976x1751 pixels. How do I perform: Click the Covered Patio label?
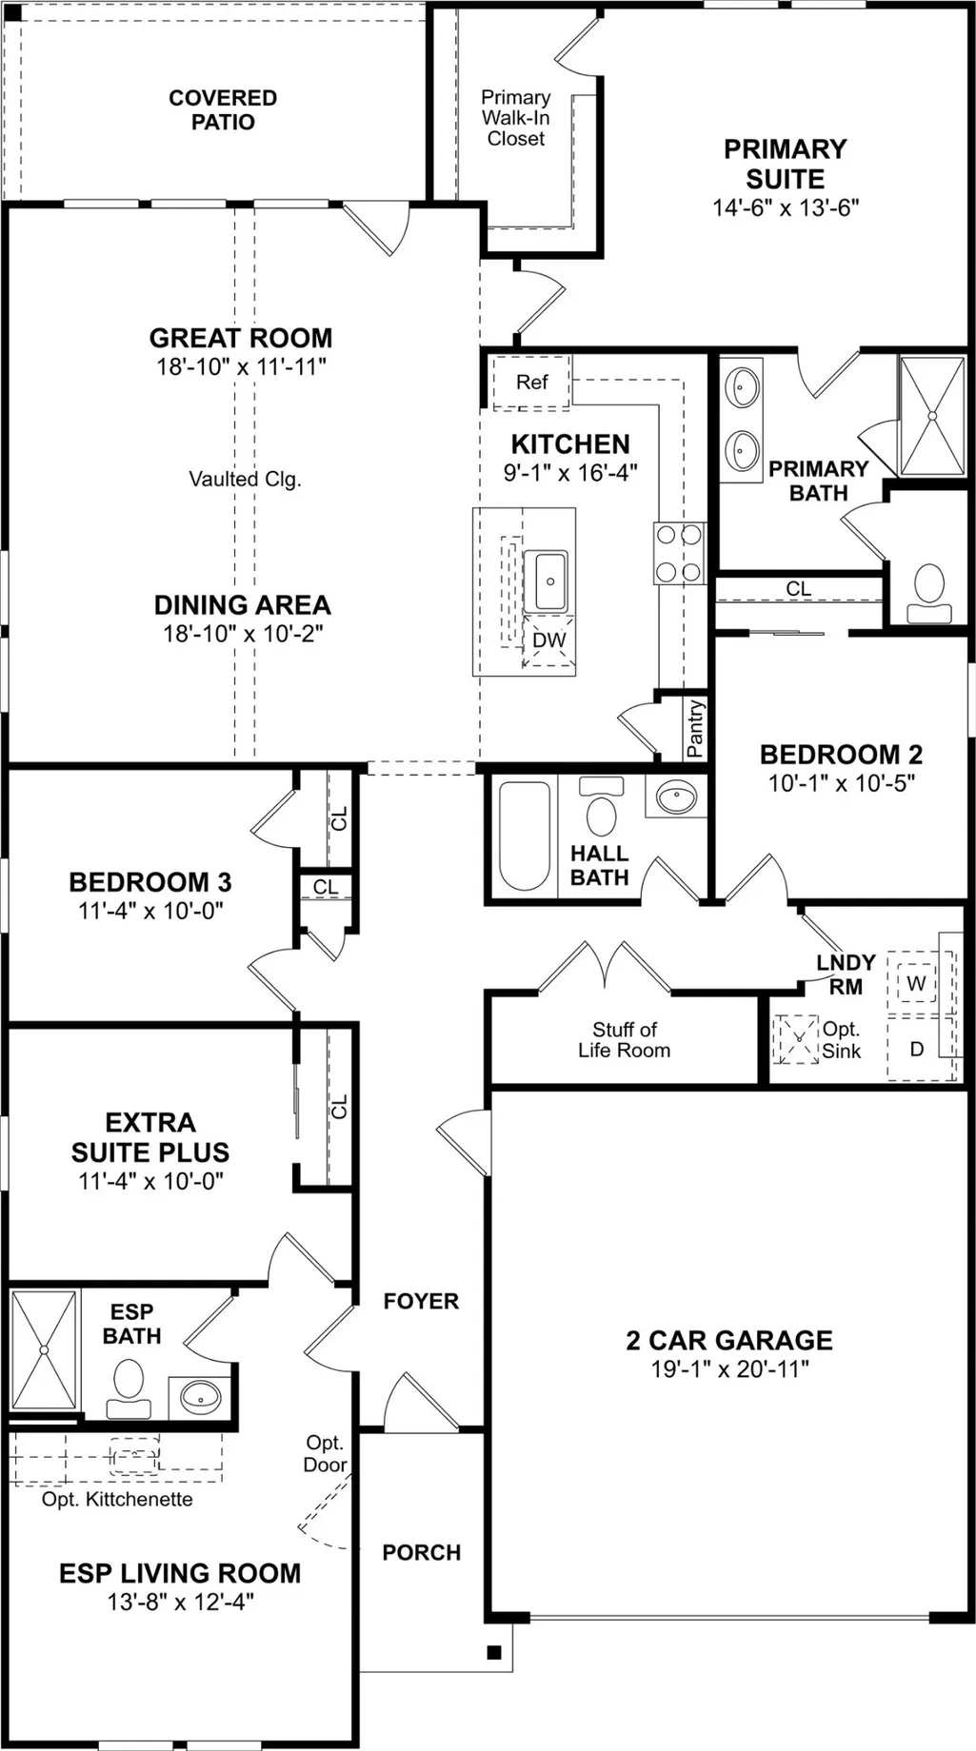[x=223, y=109]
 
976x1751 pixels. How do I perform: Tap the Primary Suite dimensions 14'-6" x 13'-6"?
[x=786, y=207]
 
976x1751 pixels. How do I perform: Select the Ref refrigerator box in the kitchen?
[x=531, y=382]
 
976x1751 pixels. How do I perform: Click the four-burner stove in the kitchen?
[x=680, y=553]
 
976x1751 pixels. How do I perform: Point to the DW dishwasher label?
[x=548, y=640]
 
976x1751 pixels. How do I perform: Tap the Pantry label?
[x=695, y=728]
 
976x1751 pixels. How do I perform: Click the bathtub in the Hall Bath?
[x=525, y=836]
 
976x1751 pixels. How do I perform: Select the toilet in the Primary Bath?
[x=929, y=594]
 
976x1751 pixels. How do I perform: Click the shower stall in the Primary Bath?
[x=932, y=415]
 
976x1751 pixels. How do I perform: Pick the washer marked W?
[x=916, y=983]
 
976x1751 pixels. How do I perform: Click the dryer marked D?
[x=916, y=1049]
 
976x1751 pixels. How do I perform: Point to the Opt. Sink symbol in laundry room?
[x=796, y=1039]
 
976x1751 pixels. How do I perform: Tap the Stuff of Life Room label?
[x=625, y=1040]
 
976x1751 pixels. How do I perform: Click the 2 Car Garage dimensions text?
[x=729, y=1369]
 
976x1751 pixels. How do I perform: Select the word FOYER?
[x=421, y=1301]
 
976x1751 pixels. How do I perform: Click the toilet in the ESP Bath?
[x=129, y=1389]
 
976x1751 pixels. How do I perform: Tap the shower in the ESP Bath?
[x=44, y=1349]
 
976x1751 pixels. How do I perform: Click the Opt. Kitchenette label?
[x=117, y=1499]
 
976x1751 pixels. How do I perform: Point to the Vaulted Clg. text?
[x=245, y=479]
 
